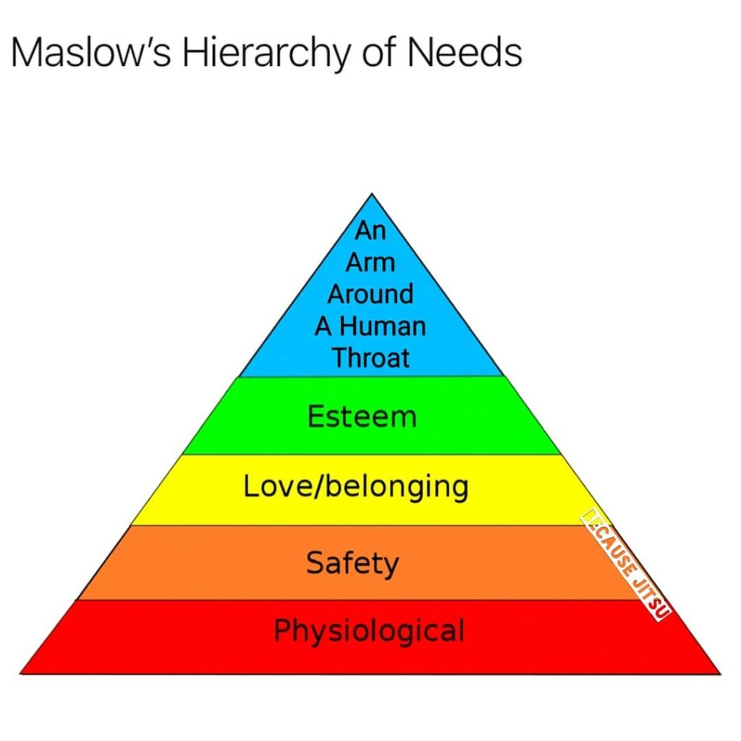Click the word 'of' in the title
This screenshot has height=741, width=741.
tap(394, 53)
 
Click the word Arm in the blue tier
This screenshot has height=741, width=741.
tap(370, 262)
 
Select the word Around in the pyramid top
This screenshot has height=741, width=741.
tap(370, 294)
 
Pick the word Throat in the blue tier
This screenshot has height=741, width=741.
tap(370, 357)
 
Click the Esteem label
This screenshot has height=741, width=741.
tap(362, 417)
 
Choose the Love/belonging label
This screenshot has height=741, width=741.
tap(355, 487)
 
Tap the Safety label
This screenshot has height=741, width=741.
tap(352, 563)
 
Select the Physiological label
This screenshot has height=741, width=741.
tap(368, 630)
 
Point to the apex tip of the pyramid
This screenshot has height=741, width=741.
tap(371, 194)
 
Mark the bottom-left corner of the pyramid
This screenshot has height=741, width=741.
tap(20, 674)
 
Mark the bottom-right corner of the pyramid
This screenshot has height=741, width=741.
tap(720, 674)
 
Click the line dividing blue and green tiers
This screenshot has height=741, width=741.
tap(370, 376)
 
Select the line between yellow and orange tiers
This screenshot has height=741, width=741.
tap(362, 525)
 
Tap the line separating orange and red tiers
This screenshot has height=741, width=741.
tap(362, 599)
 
